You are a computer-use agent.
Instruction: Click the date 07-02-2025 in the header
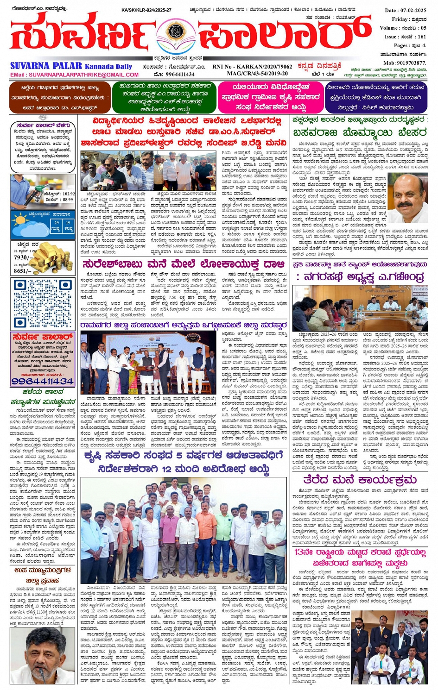(x=414, y=10)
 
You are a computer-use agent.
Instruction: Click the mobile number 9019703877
(x=410, y=63)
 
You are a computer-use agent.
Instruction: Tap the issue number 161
(x=421, y=37)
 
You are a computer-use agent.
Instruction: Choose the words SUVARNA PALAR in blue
(x=46, y=66)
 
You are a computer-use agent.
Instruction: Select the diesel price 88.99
(x=68, y=200)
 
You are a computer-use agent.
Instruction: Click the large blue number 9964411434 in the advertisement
(x=43, y=381)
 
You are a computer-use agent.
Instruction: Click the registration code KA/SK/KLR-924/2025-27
(x=146, y=10)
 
